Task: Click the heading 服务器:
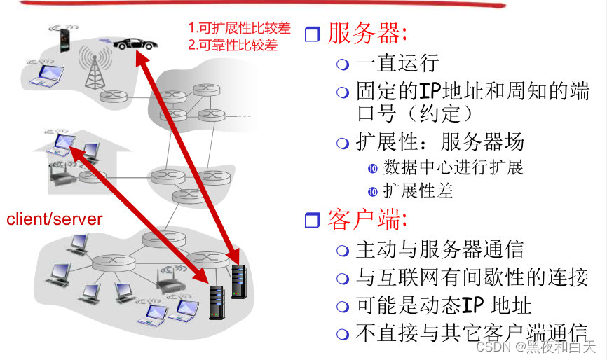(367, 33)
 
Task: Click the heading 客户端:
(367, 219)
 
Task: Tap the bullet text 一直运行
(397, 63)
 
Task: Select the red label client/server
(55, 219)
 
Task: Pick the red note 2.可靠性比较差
(233, 46)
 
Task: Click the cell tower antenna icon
(94, 68)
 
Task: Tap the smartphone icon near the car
(64, 39)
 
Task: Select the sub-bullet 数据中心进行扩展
(453, 167)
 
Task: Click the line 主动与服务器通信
(439, 249)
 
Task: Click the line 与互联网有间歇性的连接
(472, 277)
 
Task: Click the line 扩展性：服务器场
(440, 142)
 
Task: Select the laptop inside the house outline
(62, 144)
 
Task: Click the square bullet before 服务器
(313, 33)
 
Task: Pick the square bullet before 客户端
(313, 220)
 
